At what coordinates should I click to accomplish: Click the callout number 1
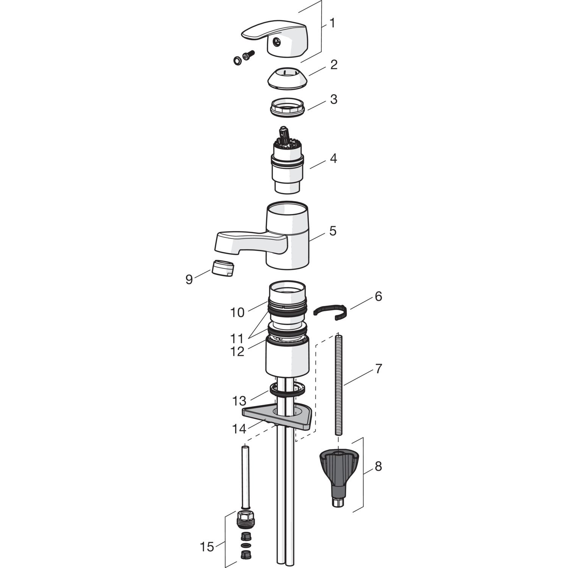pos(332,23)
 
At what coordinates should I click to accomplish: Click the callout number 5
pos(332,231)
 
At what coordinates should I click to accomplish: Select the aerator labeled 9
pos(223,268)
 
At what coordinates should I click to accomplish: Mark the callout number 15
pos(207,546)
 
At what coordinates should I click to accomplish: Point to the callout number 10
pos(237,313)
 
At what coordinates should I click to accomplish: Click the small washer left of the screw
pos(237,60)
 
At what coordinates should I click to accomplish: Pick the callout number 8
pos(378,467)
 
